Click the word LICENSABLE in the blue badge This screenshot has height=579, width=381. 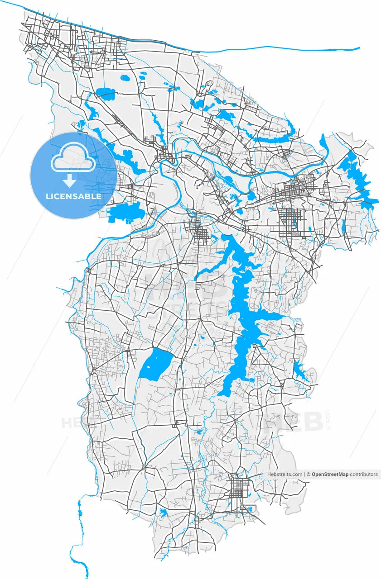pyautogui.click(x=73, y=197)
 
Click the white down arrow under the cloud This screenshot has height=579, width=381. pyautogui.click(x=69, y=181)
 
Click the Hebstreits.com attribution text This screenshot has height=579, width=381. pyautogui.click(x=285, y=475)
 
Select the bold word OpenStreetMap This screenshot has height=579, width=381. pyautogui.click(x=330, y=475)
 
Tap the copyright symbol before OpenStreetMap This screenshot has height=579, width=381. pyautogui.click(x=309, y=475)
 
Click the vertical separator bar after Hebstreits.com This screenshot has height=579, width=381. pyautogui.click(x=304, y=475)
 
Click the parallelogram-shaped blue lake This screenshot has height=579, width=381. pyautogui.click(x=155, y=364)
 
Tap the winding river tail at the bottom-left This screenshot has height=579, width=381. pyautogui.click(x=81, y=543)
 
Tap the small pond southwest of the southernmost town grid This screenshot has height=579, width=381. pyautogui.click(x=163, y=513)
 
